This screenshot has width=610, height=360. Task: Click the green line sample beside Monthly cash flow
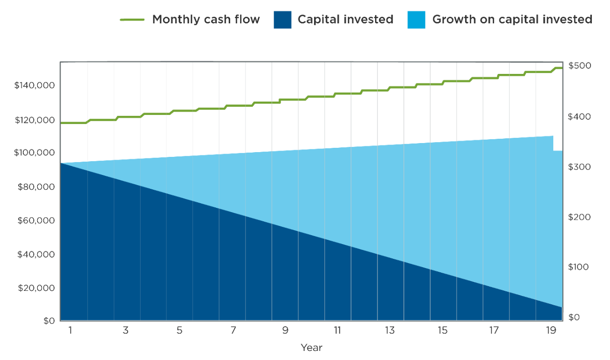(132, 20)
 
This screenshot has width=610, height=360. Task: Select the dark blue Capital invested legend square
(282, 20)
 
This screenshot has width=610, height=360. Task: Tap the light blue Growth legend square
(416, 20)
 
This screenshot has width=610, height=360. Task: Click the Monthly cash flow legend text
(206, 20)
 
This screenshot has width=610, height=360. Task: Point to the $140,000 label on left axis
(35, 86)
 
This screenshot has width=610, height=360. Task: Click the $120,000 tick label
(35, 120)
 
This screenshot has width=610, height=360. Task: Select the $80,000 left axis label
(36, 187)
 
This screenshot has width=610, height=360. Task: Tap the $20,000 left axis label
(36, 288)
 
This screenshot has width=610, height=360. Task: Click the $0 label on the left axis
(48, 321)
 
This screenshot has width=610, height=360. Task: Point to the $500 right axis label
(579, 66)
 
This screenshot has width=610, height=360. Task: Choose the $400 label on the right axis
(579, 117)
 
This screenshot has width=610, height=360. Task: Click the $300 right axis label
(579, 167)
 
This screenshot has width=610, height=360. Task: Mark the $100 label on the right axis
(579, 267)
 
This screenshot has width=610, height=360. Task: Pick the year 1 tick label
(71, 330)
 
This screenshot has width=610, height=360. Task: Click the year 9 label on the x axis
(285, 330)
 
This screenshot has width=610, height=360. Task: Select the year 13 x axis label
(390, 330)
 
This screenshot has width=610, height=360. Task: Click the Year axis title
(311, 348)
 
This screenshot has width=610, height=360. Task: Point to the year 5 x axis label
(179, 330)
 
